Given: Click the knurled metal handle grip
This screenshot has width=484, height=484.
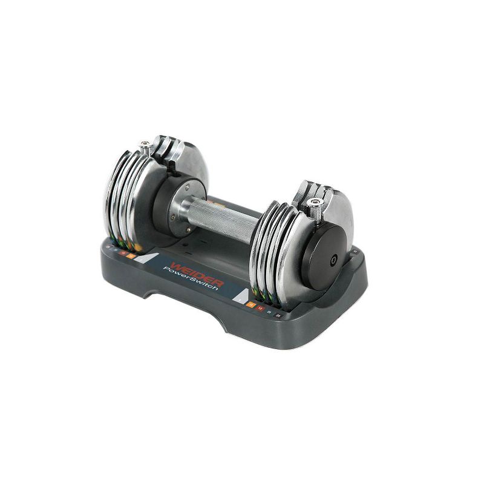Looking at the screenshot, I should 227,218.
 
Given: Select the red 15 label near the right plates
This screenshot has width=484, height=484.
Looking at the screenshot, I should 261,310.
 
